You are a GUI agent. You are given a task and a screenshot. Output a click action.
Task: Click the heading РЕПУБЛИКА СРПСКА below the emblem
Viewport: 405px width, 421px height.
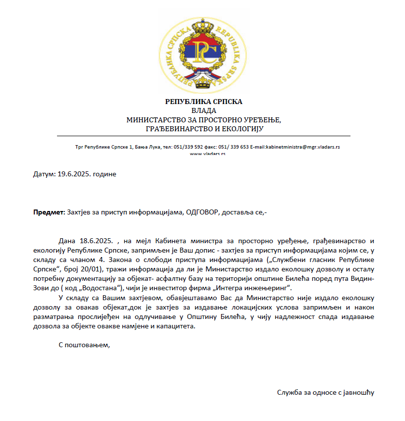[204, 102]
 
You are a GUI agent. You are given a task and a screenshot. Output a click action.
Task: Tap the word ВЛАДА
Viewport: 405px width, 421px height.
[204, 110]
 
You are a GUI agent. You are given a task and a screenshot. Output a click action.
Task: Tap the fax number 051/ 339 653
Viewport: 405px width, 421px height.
[233, 147]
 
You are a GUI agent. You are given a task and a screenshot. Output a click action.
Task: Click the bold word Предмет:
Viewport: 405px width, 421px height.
[49, 212]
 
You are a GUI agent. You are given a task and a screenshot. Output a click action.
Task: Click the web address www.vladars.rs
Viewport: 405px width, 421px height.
[208, 154]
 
